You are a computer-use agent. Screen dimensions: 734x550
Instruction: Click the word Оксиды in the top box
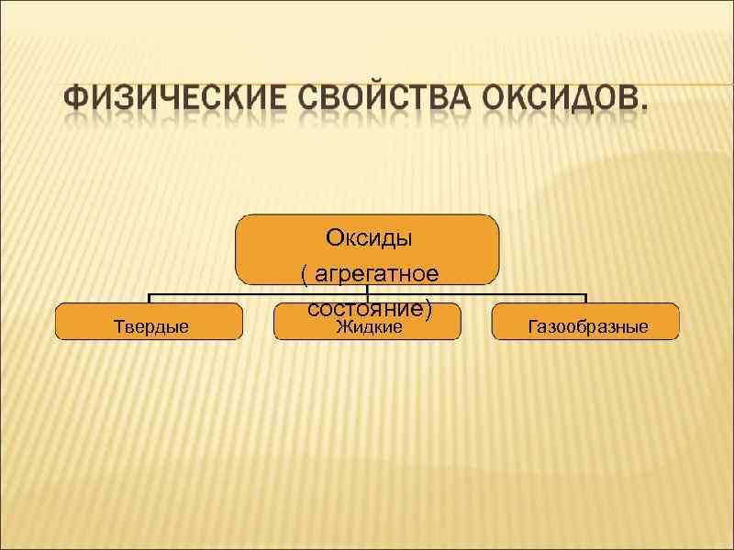369,237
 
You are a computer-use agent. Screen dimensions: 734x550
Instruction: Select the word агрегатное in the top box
374,274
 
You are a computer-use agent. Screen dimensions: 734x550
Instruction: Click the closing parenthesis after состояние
428,311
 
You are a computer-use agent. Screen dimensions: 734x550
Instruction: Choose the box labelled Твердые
150,322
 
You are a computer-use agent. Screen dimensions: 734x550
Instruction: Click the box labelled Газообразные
585,322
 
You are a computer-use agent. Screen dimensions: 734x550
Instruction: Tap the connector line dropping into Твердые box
150,299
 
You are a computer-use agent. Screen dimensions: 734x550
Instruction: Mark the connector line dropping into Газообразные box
585,299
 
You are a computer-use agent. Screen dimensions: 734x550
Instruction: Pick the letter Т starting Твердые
117,326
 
